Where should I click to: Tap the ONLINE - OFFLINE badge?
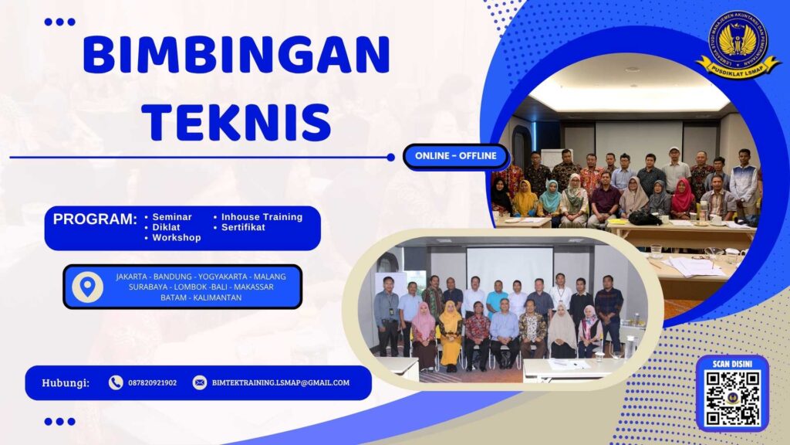456,157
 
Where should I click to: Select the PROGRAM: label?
95,219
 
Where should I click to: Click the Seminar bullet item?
172,217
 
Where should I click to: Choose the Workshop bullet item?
176,238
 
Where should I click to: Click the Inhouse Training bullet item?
262,217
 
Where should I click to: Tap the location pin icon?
87,287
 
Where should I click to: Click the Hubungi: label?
66,382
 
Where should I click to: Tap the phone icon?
116,382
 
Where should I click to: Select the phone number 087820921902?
153,382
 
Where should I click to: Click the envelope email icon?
200,382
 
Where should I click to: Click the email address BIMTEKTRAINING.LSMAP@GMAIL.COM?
281,382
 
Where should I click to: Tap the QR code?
732,397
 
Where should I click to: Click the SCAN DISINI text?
732,363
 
